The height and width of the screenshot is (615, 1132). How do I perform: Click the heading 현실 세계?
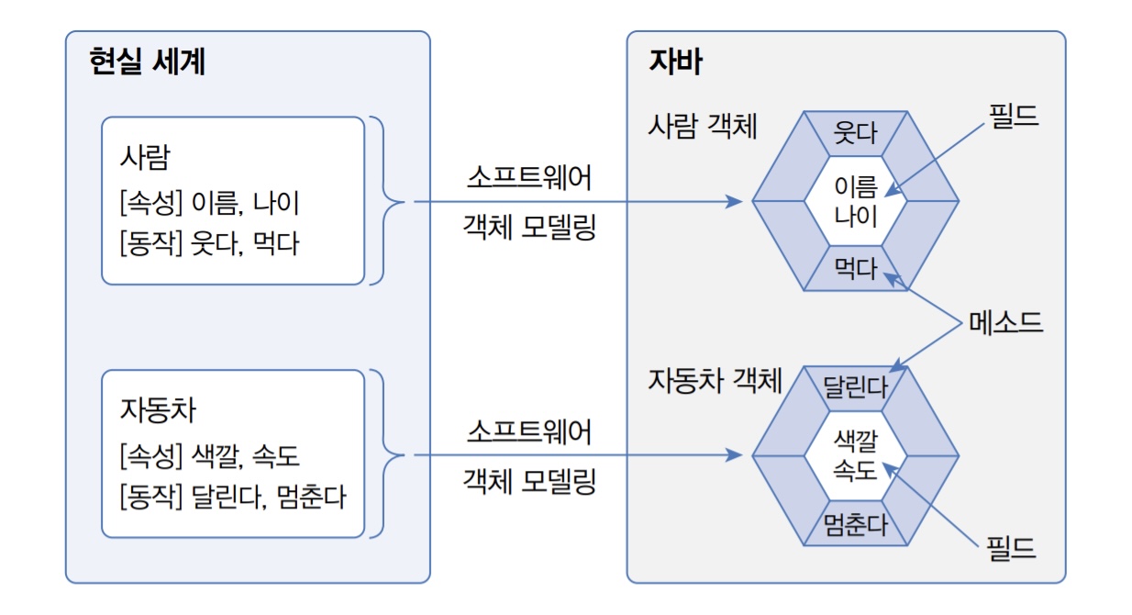pyautogui.click(x=147, y=63)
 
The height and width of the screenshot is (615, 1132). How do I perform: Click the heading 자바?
pyautogui.click(x=675, y=62)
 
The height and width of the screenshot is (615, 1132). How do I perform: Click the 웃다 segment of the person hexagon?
pyautogui.click(x=855, y=133)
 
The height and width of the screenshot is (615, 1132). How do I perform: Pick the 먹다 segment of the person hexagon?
pyautogui.click(x=855, y=270)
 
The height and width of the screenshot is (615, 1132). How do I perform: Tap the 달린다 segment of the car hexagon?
pyautogui.click(x=855, y=386)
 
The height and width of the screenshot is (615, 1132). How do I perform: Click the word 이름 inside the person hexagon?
pyautogui.click(x=855, y=187)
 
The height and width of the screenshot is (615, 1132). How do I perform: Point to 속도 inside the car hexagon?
pyautogui.click(x=855, y=471)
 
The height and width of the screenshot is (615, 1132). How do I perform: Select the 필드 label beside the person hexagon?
pyautogui.click(x=1013, y=117)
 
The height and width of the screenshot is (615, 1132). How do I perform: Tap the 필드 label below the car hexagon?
pyautogui.click(x=1011, y=549)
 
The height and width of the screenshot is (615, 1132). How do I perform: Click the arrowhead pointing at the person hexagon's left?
pyautogui.click(x=733, y=201)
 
